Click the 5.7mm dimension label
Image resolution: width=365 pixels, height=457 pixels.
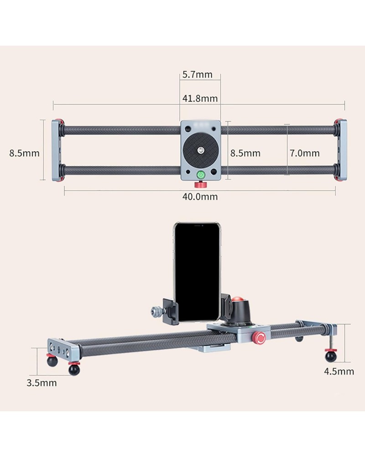(198, 74)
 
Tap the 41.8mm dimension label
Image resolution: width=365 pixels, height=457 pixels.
(200, 99)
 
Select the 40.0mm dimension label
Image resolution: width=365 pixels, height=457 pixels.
(200, 197)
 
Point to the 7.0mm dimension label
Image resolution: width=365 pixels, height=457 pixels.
(304, 153)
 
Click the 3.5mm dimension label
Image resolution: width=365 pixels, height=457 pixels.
(42, 383)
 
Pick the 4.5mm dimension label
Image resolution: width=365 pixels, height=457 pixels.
(339, 371)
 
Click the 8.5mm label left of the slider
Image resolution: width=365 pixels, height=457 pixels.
(24, 153)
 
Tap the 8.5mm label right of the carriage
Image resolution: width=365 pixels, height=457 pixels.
(245, 153)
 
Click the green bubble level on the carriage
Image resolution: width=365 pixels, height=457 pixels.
(201, 175)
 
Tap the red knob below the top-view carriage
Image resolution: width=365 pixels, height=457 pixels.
(200, 184)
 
